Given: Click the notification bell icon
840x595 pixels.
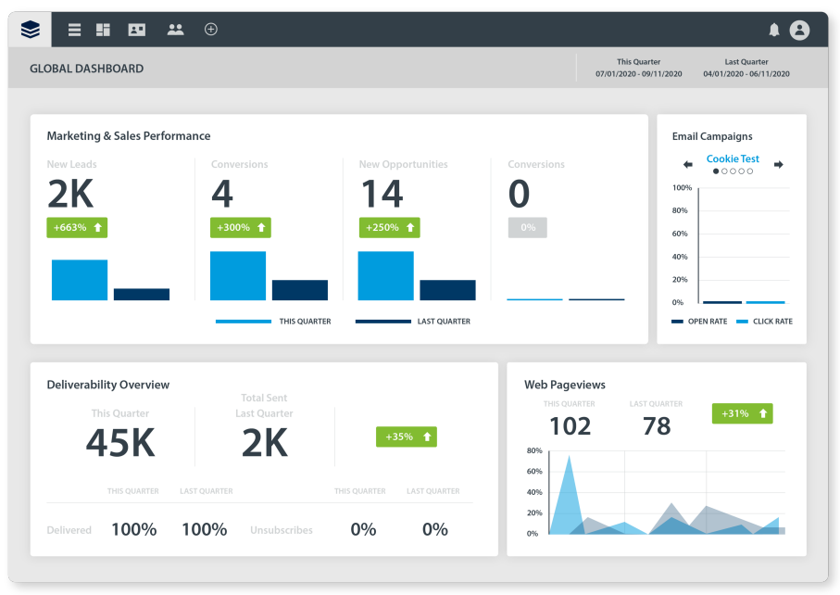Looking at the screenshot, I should coord(774,30).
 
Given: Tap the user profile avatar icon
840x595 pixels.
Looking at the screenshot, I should coord(799,30).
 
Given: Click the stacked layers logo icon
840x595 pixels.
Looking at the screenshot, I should coord(31,30).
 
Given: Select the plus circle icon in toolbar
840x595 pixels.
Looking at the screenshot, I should coord(211,30).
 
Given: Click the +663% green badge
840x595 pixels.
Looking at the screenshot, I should coord(77,227).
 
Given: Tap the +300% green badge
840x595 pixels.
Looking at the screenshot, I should coord(241,227).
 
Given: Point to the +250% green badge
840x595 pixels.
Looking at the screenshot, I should coord(389,227).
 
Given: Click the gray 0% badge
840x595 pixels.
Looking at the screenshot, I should coord(527,227).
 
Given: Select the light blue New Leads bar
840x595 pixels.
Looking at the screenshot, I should coord(80,280).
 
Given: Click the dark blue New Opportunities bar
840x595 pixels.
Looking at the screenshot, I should coord(447,290).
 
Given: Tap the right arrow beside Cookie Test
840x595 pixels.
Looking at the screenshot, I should coord(779,165).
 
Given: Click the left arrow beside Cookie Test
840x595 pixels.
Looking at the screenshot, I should coord(687,165).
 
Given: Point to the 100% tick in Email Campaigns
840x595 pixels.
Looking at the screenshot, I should coord(682,188).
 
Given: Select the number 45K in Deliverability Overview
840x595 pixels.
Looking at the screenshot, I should coord(120,444).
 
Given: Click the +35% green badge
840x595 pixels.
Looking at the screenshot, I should coord(406,437).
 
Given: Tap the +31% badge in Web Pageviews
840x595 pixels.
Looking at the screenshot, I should coord(742,413).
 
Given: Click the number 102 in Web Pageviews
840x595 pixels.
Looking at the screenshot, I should coord(570,426).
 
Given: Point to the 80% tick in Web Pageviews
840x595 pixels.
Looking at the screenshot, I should coord(534,451).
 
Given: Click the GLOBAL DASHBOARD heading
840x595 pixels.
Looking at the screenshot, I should coord(86,69).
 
